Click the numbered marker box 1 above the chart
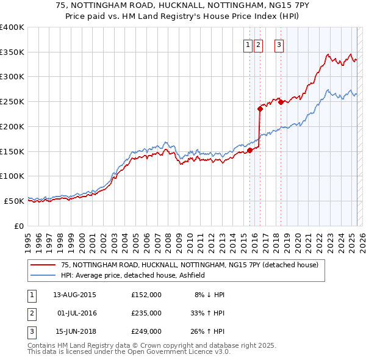(248, 44)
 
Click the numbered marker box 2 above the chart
(258, 44)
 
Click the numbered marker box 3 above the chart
(279, 44)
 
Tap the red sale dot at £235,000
(260, 109)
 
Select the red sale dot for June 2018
(281, 102)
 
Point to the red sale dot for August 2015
(250, 150)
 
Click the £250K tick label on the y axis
(12, 102)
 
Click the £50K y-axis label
(15, 201)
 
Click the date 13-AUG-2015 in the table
(75, 295)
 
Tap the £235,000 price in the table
(146, 313)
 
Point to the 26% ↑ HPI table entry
(209, 331)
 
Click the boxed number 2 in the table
(31, 313)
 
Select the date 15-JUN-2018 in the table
(75, 331)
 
